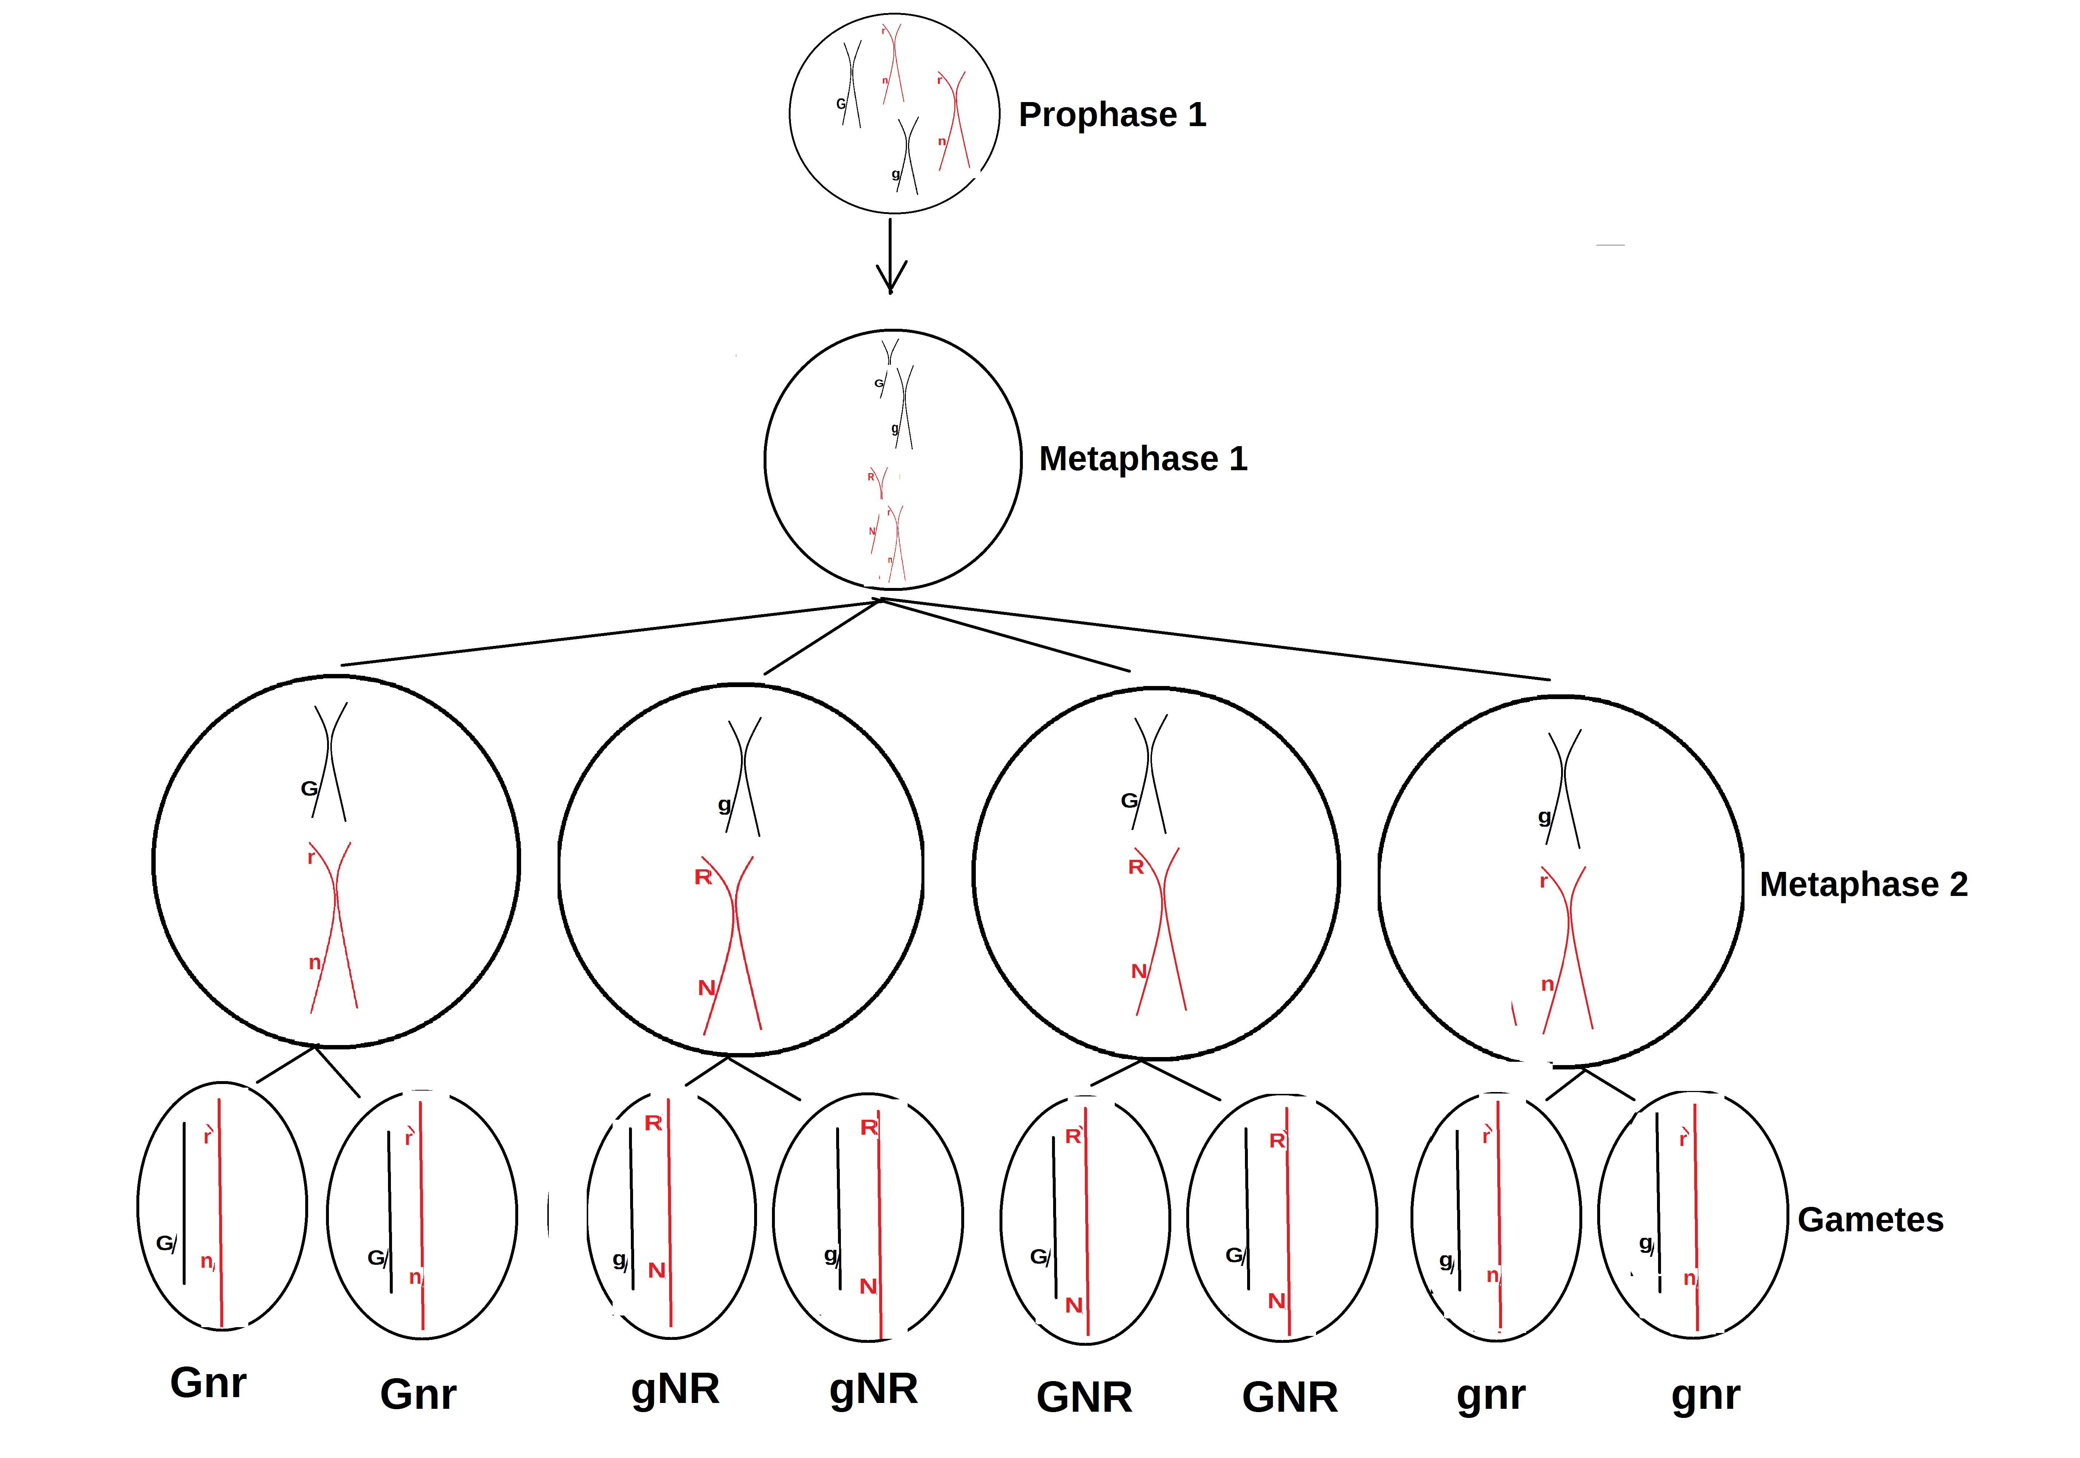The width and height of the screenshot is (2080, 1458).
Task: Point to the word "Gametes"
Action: click(1870, 1220)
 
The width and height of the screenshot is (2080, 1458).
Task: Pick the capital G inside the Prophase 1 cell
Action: click(840, 104)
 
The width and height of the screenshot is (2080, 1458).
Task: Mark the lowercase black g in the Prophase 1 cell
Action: click(895, 174)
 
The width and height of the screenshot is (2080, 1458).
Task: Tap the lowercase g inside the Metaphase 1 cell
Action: click(894, 428)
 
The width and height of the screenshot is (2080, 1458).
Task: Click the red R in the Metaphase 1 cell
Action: click(870, 476)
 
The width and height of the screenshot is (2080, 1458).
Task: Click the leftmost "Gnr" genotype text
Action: click(208, 1383)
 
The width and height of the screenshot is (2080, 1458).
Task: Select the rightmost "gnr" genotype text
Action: click(1705, 1395)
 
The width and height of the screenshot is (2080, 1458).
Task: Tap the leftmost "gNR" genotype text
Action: click(675, 1388)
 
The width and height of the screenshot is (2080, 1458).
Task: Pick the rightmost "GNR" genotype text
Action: click(1289, 1397)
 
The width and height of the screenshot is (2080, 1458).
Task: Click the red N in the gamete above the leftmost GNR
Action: click(1074, 1305)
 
